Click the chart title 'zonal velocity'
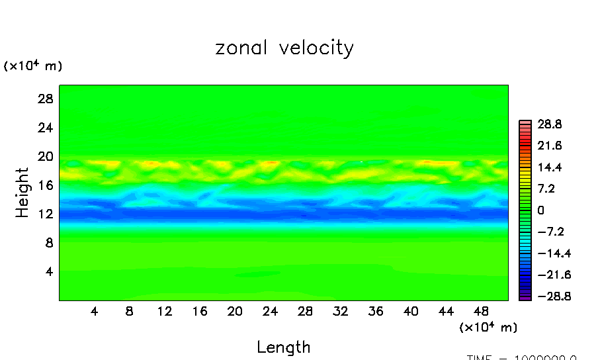(x=284, y=48)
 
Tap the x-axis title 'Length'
(x=283, y=347)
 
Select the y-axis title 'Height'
(x=22, y=193)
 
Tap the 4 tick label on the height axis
(x=47, y=271)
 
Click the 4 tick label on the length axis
(x=95, y=311)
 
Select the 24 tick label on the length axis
(x=269, y=311)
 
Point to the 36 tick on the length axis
(x=375, y=311)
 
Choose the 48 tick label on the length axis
(x=481, y=311)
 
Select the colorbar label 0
(x=540, y=210)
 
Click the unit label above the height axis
(x=33, y=66)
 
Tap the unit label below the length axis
(x=488, y=327)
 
